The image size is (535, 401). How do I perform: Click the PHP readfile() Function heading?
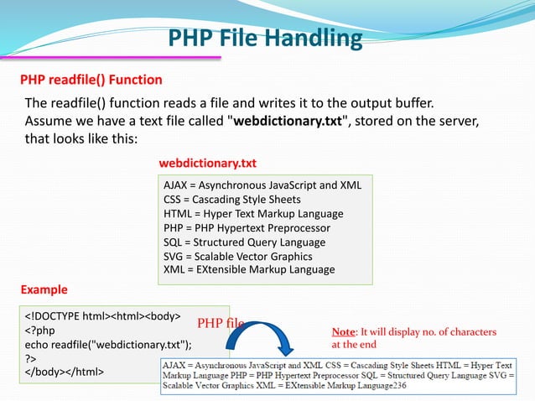coord(91,80)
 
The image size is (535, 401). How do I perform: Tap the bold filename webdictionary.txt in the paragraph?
coord(288,121)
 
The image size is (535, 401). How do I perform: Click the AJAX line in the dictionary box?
coord(262,185)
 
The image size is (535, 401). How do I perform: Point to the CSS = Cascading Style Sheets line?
coord(231,200)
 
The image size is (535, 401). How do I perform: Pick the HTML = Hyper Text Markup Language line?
coord(253,214)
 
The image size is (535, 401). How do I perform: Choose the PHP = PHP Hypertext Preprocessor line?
coord(247,227)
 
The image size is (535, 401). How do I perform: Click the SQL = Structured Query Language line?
coord(244,242)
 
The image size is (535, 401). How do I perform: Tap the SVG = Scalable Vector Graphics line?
coord(237,256)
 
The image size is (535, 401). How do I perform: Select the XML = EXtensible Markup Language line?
coord(249,269)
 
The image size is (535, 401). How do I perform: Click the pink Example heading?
coord(44,290)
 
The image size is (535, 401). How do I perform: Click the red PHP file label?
coord(221,323)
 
